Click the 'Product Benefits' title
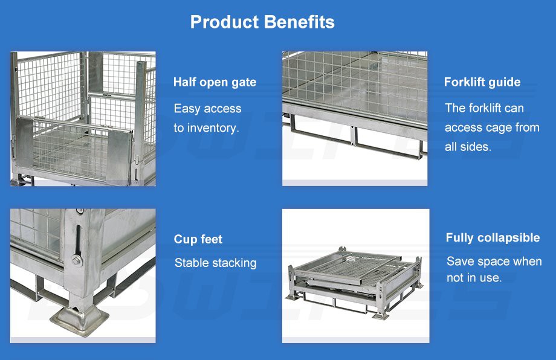[x=262, y=22]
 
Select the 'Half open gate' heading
[x=215, y=83]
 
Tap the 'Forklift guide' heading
[x=482, y=82]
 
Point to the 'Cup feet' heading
[x=198, y=240]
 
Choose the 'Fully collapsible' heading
[x=493, y=238]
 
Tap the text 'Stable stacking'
[x=216, y=263]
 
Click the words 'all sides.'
[x=468, y=147]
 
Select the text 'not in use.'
[x=474, y=278]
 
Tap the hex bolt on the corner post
[x=77, y=261]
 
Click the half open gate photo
[x=83, y=119]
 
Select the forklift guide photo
[x=355, y=119]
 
